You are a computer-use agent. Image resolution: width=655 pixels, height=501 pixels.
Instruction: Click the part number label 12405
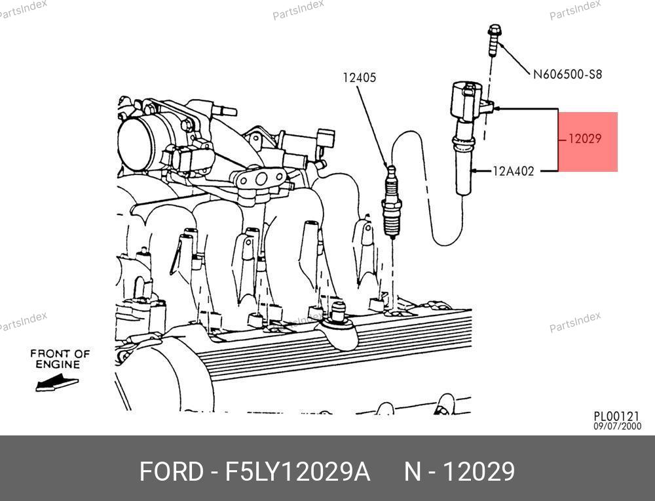359,77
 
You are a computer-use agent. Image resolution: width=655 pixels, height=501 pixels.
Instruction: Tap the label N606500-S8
567,75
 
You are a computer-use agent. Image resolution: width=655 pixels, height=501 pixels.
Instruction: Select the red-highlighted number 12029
585,138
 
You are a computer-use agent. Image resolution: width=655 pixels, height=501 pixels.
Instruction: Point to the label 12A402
514,171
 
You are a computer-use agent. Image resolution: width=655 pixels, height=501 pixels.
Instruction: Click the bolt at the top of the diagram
494,40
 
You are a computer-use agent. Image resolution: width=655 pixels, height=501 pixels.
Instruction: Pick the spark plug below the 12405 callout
392,202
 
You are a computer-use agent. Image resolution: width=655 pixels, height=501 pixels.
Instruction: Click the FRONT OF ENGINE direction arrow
57,384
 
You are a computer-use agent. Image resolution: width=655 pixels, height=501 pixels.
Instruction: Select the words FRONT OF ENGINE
60,359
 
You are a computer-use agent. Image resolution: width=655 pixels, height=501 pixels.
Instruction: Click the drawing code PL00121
616,416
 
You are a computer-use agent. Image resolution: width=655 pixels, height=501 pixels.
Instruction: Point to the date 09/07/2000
618,426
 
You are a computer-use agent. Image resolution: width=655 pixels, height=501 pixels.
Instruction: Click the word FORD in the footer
171,471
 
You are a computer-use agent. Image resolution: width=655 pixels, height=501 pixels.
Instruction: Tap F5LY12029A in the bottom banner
298,471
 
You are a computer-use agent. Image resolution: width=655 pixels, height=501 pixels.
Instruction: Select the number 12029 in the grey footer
479,471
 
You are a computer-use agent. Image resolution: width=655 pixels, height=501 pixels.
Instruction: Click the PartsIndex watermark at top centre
298,9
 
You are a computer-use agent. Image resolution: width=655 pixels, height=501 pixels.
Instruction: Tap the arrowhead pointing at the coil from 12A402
474,170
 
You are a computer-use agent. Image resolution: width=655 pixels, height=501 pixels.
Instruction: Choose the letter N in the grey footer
412,471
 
